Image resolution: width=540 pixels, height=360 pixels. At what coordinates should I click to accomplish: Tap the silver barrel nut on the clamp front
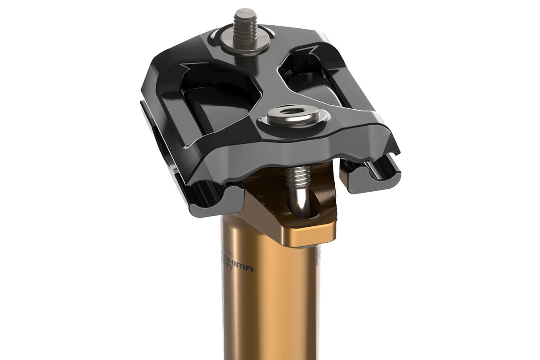[x=293, y=116]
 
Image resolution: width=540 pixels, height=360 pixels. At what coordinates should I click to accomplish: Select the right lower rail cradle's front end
[x=369, y=178]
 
